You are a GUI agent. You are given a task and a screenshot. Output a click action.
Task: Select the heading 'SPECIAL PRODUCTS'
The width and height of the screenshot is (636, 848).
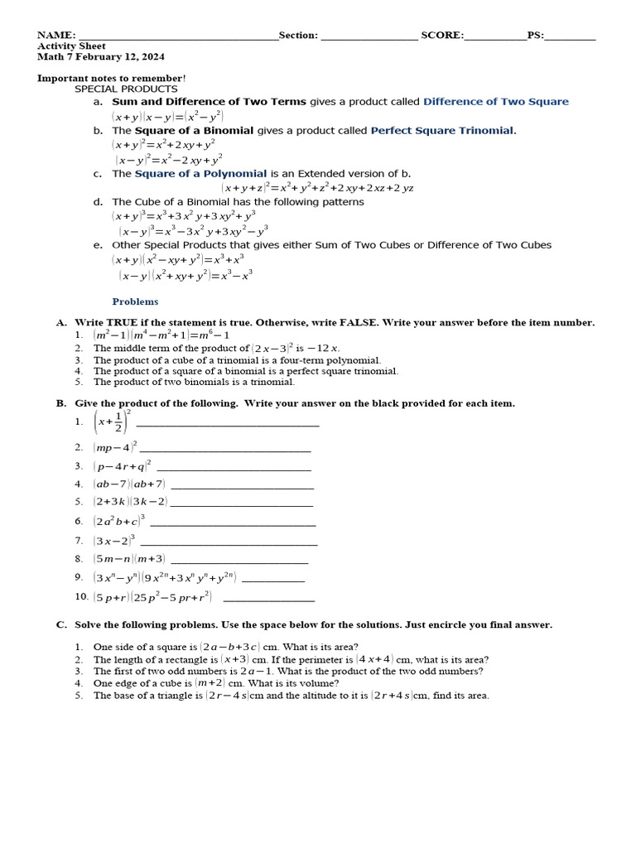126,89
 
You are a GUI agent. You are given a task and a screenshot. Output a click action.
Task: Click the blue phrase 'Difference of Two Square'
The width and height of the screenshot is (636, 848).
495,102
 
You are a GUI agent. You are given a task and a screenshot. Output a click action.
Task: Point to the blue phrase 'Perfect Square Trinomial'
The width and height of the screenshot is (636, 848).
442,131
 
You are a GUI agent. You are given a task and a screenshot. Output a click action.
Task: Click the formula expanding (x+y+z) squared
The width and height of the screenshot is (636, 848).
317,188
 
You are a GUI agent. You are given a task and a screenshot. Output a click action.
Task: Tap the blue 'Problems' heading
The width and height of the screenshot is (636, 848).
135,301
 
